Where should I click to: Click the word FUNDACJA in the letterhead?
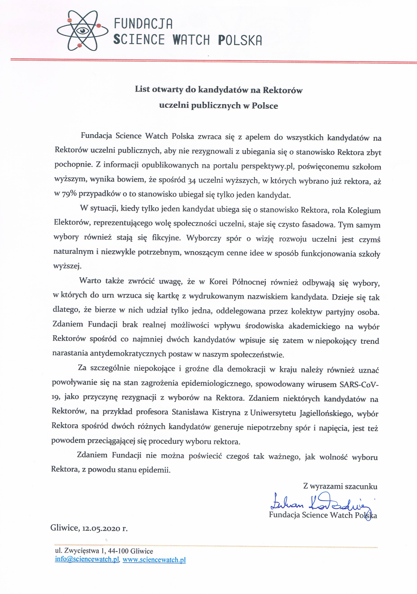click(143, 24)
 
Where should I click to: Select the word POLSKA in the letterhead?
click(240, 40)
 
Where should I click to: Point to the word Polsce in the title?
click(265, 106)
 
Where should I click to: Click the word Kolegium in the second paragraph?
click(364, 210)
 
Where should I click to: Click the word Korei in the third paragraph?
click(218, 281)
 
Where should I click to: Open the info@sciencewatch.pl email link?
click(87, 559)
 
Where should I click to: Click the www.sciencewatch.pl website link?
click(154, 560)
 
